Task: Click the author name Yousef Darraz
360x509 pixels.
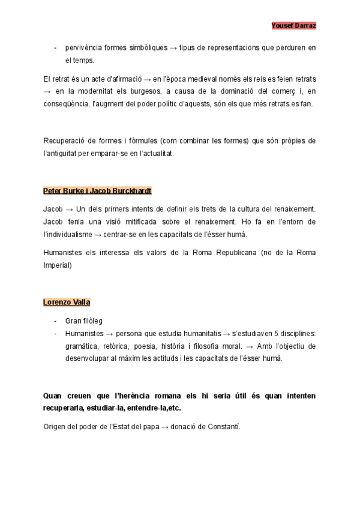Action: click(x=294, y=25)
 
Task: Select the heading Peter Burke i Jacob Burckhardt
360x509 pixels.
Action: click(x=97, y=191)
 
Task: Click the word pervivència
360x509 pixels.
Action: click(x=85, y=48)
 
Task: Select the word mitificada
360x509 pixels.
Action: click(x=138, y=221)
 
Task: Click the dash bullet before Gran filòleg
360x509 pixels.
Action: click(x=55, y=321)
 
